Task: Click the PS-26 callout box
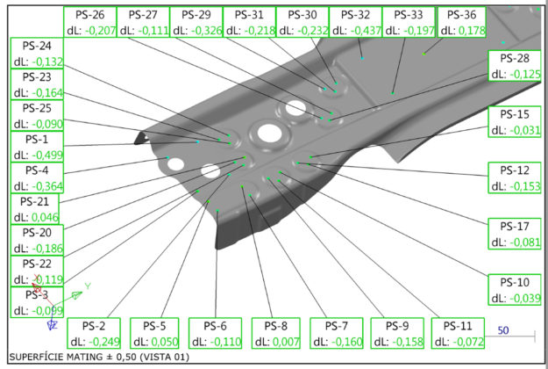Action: pos(89,22)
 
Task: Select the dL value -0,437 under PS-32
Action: pos(367,31)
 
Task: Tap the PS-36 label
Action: pos(462,15)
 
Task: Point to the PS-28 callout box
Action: pos(514,66)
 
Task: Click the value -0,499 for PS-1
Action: pos(47,155)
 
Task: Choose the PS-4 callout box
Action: pos(37,177)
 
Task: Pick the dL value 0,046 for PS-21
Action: pos(45,217)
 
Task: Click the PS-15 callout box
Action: pos(514,122)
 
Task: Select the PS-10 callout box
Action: pos(514,290)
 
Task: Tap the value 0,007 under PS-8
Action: pos(286,342)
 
